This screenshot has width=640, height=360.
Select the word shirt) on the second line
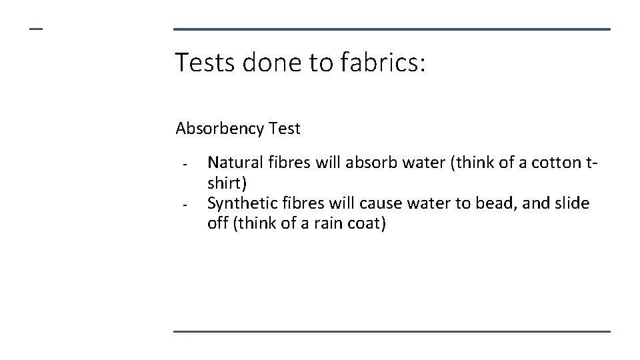227,183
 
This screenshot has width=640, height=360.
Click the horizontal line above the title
391,29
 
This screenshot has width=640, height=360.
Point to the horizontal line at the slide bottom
391,331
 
